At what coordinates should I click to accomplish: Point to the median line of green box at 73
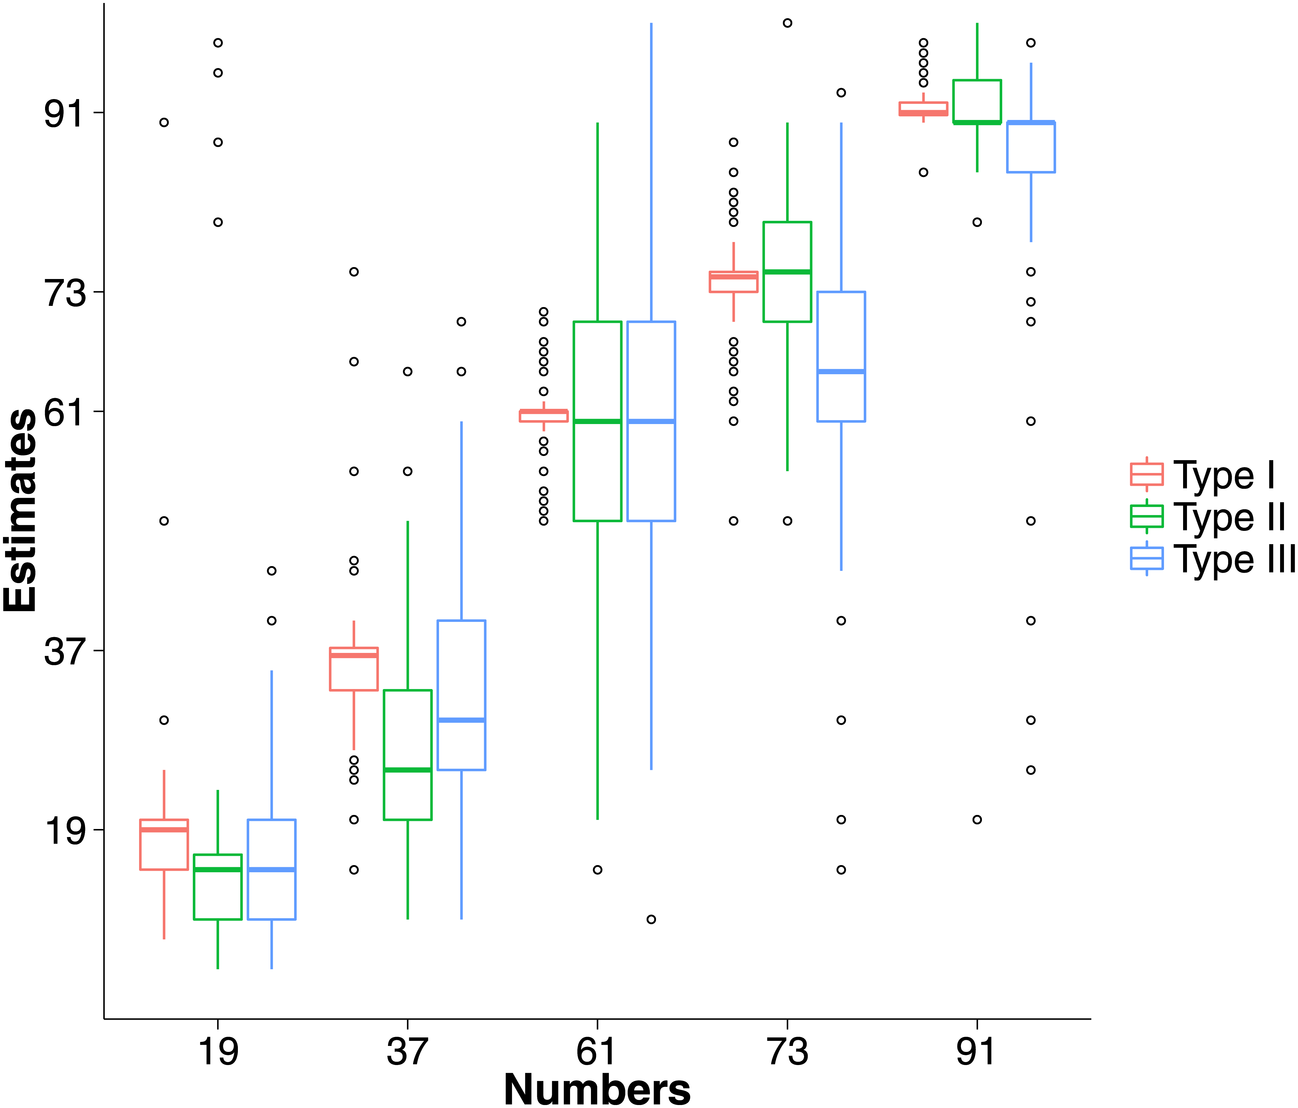[x=787, y=272]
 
